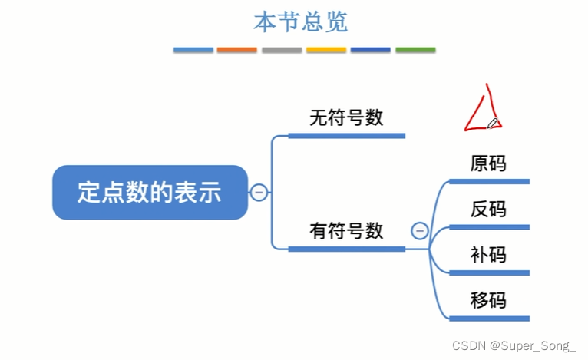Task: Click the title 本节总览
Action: pyautogui.click(x=300, y=21)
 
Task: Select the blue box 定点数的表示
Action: pyautogui.click(x=150, y=192)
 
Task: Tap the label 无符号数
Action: pyautogui.click(x=345, y=118)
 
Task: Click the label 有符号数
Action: pyautogui.click(x=345, y=230)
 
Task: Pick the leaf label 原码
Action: pyautogui.click(x=488, y=163)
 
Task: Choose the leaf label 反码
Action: pyautogui.click(x=488, y=209)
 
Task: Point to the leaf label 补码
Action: pyautogui.click(x=488, y=254)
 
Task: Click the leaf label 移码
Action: pyautogui.click(x=488, y=299)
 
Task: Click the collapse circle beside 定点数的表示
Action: pyautogui.click(x=259, y=192)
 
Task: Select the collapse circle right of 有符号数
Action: pyautogui.click(x=419, y=230)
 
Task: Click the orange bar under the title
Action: pyautogui.click(x=237, y=50)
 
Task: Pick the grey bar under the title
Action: pyautogui.click(x=282, y=50)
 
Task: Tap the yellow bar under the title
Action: pyautogui.click(x=326, y=50)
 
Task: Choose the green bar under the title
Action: pyautogui.click(x=415, y=50)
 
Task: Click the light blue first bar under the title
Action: pyautogui.click(x=193, y=50)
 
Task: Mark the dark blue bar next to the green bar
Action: pyautogui.click(x=371, y=50)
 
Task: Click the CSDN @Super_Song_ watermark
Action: pyautogui.click(x=514, y=346)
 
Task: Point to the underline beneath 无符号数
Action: pyautogui.click(x=346, y=136)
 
